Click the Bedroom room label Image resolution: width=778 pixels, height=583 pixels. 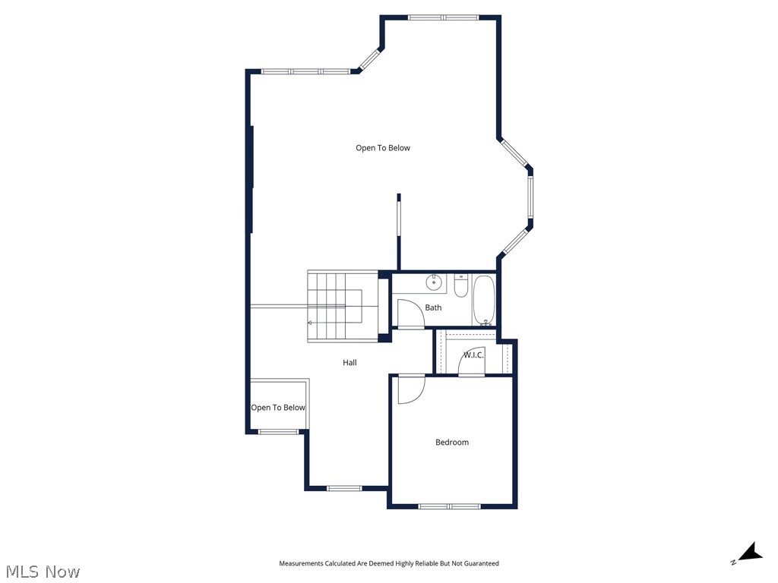coord(451,442)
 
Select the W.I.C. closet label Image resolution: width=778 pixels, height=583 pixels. coord(475,355)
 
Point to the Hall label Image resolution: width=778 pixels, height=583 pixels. coord(349,363)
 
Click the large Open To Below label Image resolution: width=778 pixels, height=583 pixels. coord(383,148)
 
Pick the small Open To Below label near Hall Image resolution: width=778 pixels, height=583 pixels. coord(278,408)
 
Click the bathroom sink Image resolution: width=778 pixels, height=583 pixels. coord(434,283)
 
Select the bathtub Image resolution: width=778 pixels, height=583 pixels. coord(484,300)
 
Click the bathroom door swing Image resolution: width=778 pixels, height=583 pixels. coord(410,312)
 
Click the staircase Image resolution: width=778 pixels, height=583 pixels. coord(343,307)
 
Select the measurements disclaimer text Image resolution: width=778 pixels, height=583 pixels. coord(389,563)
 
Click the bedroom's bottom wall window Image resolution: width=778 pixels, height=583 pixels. coord(448,506)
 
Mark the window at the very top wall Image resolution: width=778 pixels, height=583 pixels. coord(443,17)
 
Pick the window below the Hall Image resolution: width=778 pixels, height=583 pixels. coord(345,487)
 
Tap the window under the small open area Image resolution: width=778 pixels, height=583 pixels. coord(278,432)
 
